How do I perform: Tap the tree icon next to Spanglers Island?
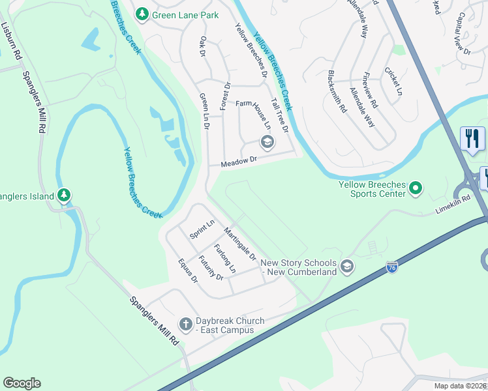63,195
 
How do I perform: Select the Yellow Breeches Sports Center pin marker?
416,190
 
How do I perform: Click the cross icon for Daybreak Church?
185,325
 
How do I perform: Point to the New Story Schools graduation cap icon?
347,266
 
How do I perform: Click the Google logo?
22,383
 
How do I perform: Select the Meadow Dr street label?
239,160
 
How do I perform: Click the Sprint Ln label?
202,231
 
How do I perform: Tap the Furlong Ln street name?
224,259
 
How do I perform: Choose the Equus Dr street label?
187,270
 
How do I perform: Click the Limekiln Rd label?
453,205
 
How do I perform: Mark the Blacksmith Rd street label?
337,92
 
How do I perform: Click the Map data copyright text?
460,386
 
